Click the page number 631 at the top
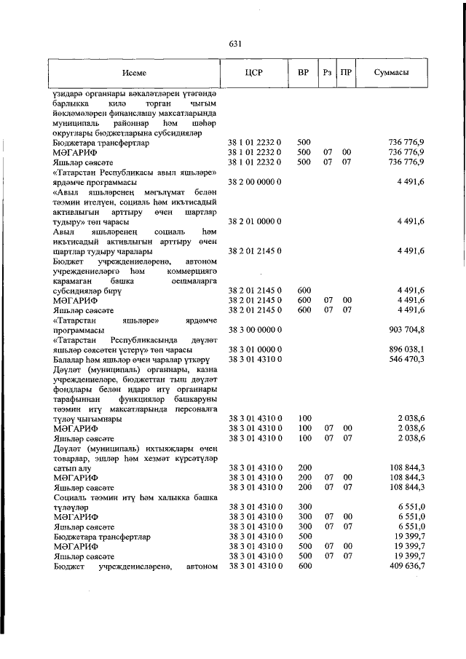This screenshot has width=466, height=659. point(234,44)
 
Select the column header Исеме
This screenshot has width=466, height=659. point(135,74)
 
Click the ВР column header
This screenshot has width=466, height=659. point(304,74)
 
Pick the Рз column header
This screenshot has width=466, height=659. point(328,74)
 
